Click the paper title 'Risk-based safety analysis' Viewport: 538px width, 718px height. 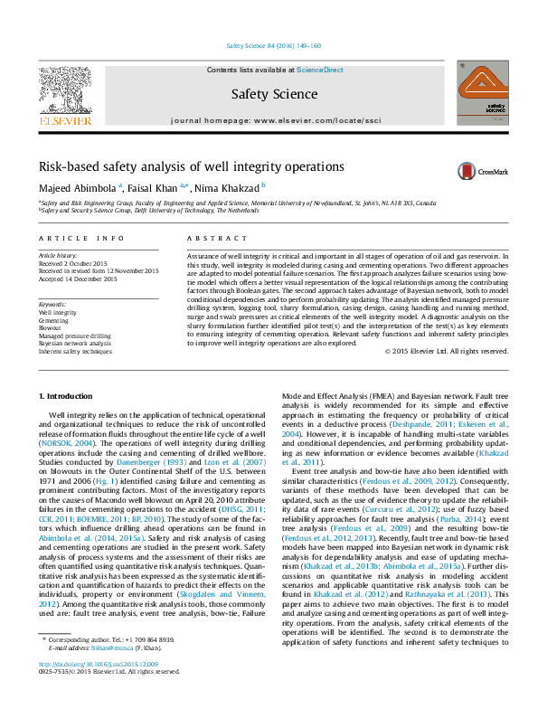click(178, 167)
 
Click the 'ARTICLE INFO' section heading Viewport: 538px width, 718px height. click(81, 238)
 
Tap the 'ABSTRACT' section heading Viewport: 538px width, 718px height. click(213, 238)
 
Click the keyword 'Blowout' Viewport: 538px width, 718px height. click(52, 326)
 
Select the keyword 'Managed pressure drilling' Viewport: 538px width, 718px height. click(75, 335)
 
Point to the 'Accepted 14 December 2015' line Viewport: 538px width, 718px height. click(79, 279)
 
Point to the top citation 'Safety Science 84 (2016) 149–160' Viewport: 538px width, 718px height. click(270, 46)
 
